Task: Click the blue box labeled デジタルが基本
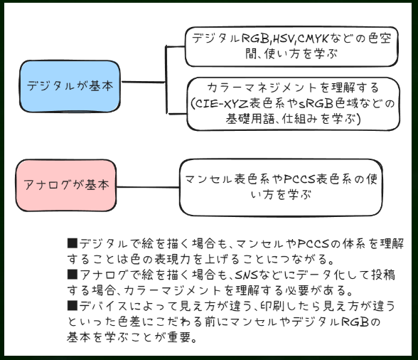(x=70, y=86)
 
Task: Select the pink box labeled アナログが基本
(x=66, y=186)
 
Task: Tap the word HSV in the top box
(x=284, y=39)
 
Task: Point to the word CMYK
(x=313, y=39)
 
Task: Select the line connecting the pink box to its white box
(x=148, y=187)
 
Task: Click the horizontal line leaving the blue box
(x=143, y=82)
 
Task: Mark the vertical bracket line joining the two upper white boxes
(x=166, y=80)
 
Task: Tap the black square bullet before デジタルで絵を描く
(x=72, y=243)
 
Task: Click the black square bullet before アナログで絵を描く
(x=72, y=275)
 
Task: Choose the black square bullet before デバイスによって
(x=72, y=306)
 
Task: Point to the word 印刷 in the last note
(x=272, y=306)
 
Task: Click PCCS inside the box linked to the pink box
(x=300, y=179)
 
